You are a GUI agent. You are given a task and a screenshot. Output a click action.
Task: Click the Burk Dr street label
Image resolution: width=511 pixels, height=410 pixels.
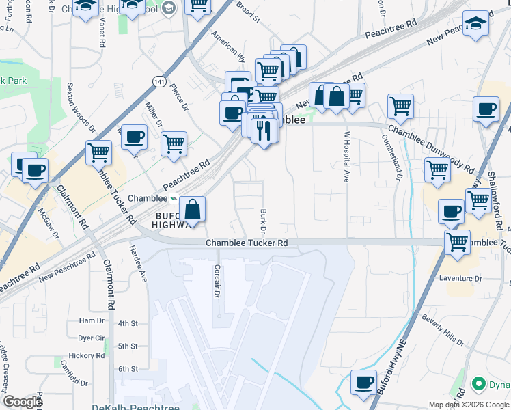tap(263, 219)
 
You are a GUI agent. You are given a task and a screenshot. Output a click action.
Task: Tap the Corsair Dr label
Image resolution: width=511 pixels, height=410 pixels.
tap(217, 280)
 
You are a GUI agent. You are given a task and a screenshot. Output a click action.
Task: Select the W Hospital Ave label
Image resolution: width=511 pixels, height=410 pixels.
tap(346, 156)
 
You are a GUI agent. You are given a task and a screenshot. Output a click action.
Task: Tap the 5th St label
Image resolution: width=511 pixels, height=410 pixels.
tap(128, 346)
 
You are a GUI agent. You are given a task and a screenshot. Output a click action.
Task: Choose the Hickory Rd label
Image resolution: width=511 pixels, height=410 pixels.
tap(85, 356)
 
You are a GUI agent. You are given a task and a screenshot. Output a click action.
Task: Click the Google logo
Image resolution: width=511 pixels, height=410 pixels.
tap(23, 402)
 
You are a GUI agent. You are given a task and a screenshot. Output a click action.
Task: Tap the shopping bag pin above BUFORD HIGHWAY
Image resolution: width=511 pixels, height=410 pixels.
tap(193, 210)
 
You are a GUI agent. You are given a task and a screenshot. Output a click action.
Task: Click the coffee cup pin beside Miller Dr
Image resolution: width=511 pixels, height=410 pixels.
tap(134, 137)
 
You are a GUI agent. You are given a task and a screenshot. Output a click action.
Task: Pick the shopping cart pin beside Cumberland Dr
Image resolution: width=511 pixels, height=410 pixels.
tap(400, 106)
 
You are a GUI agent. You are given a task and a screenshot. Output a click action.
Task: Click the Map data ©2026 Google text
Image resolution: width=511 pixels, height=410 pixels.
tap(468, 405)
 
